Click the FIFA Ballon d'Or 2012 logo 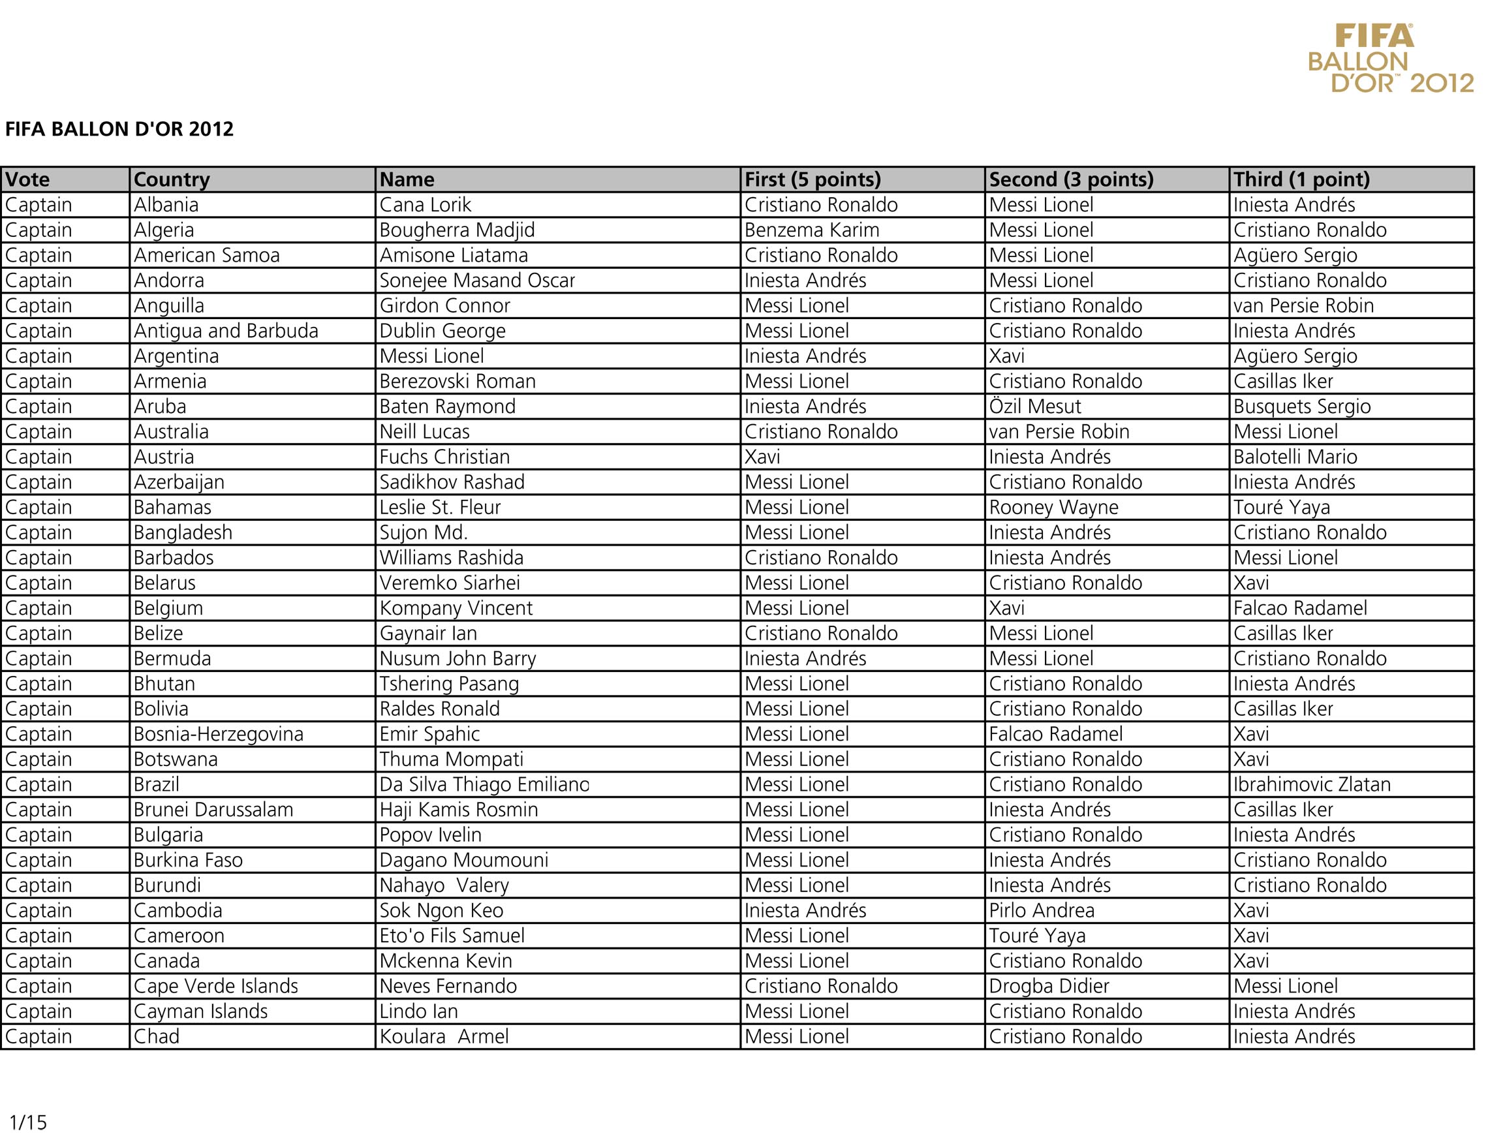click(1389, 59)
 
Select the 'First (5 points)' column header click(812, 179)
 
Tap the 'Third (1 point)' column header click(1301, 179)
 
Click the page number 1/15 click(28, 1122)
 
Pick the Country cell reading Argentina click(176, 356)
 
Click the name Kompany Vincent click(456, 608)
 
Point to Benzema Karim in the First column click(811, 230)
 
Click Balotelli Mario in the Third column click(1295, 457)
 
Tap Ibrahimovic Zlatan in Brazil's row click(1311, 784)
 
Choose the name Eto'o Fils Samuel click(452, 936)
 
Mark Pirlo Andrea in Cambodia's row click(1041, 910)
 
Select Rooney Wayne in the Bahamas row click(1053, 508)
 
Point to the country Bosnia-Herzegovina click(218, 733)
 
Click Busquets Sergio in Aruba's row click(1302, 407)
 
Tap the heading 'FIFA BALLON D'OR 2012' click(119, 129)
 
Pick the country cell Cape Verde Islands click(215, 986)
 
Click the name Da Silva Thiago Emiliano click(484, 784)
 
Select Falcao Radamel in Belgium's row click(1300, 608)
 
